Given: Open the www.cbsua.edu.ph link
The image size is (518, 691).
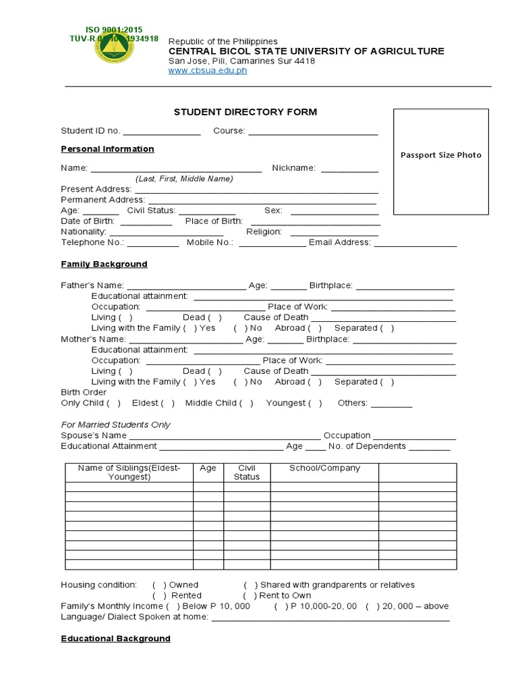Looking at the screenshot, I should (x=207, y=71).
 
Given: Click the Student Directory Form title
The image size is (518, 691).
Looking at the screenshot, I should (x=246, y=112).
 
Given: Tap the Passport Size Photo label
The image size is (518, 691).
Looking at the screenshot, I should (x=441, y=155).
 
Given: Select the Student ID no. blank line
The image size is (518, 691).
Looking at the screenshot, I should (x=161, y=132).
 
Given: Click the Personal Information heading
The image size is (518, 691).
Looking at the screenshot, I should (x=107, y=149).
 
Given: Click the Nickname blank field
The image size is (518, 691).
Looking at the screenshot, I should (x=349, y=168).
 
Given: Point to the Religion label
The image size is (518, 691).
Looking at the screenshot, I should (x=264, y=231).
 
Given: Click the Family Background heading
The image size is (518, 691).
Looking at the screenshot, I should (x=104, y=264).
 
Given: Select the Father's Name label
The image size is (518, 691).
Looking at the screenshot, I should (x=92, y=285).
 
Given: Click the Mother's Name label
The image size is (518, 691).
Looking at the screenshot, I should (x=93, y=339).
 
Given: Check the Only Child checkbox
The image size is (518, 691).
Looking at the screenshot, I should (x=114, y=404).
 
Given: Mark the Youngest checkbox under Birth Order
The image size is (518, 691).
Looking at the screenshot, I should (x=315, y=404).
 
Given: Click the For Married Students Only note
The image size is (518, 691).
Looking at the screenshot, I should (x=115, y=425).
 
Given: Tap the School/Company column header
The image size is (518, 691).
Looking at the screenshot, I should (x=324, y=468).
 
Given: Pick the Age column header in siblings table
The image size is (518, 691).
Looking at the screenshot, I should (x=208, y=468).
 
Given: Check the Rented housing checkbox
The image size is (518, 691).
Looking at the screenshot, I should (x=160, y=596).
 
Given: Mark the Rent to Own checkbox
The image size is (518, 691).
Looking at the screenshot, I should (x=250, y=596).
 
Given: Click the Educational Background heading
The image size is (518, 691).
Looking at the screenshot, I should (x=115, y=638).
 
